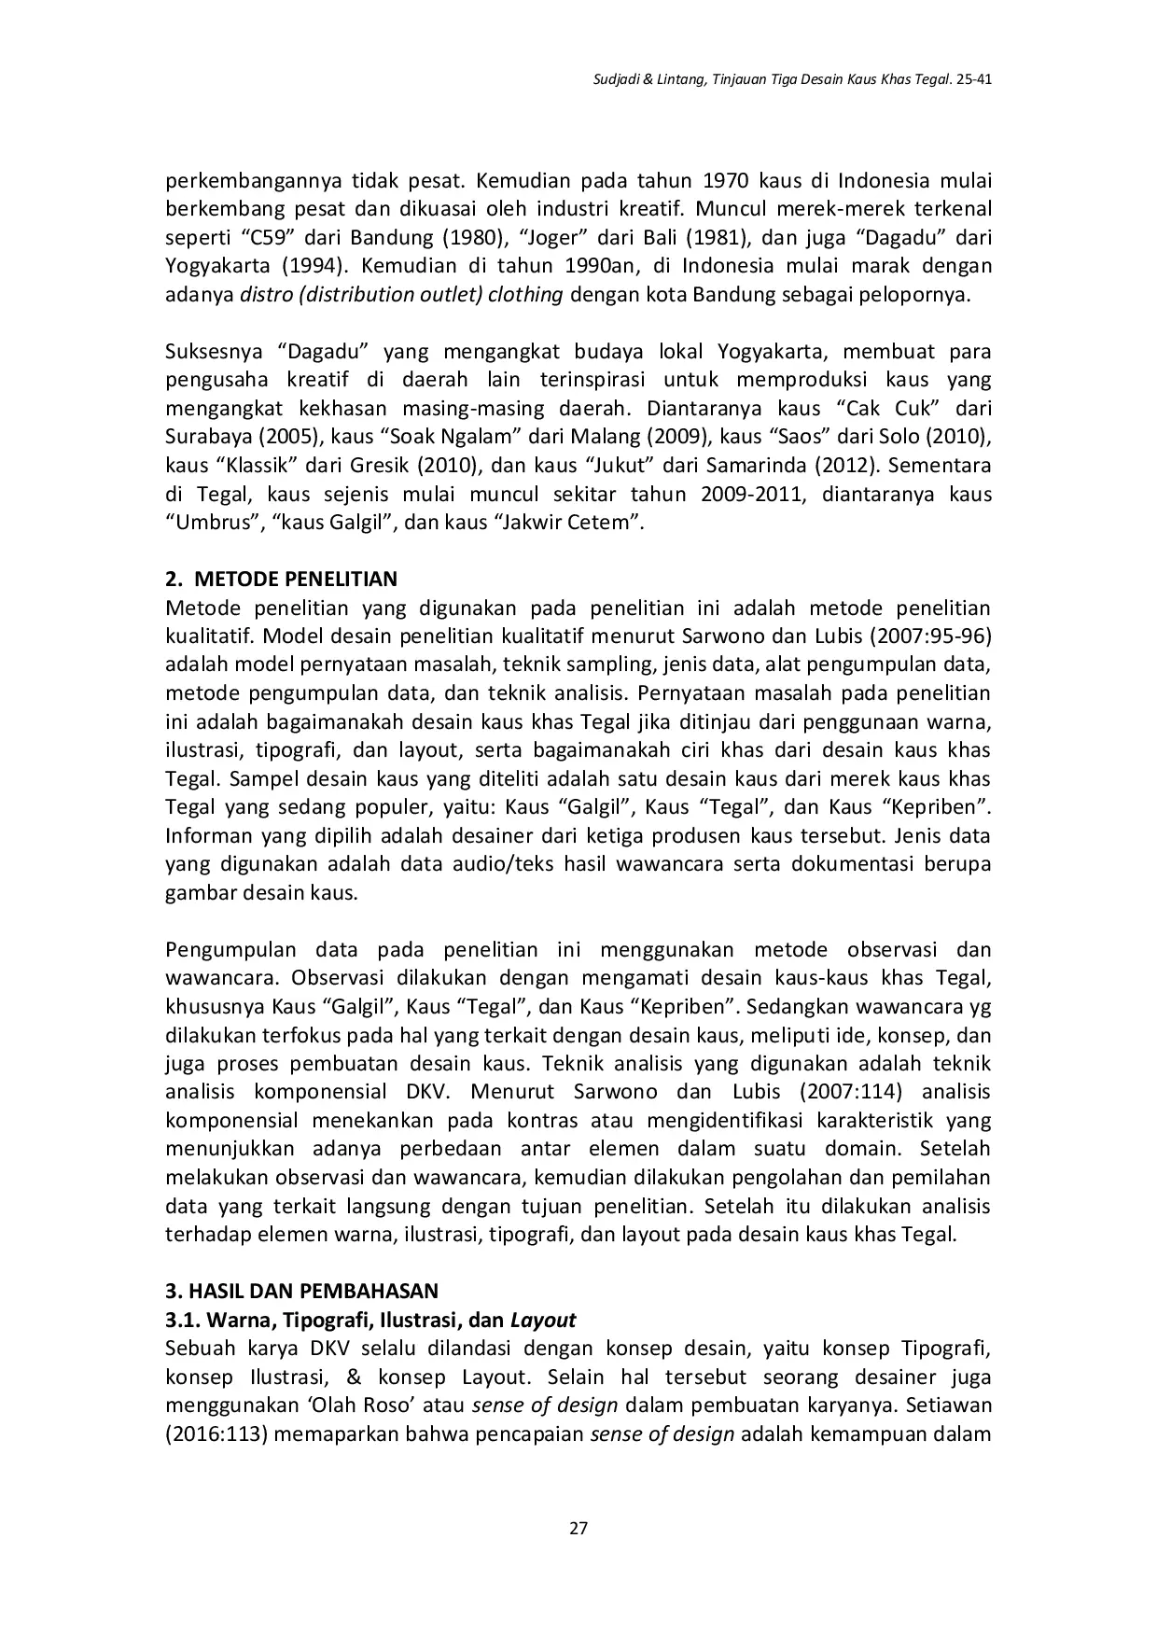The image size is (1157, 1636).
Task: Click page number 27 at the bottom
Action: coord(578,1528)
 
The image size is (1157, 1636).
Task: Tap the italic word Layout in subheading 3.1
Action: coord(543,1320)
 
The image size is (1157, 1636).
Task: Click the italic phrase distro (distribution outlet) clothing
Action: coord(401,295)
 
